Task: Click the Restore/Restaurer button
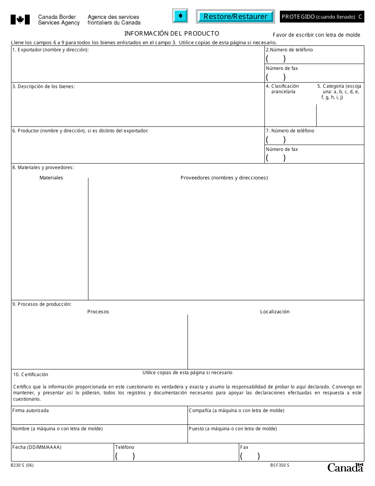pyautogui.click(x=235, y=17)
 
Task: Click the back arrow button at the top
pyautogui.click(x=180, y=16)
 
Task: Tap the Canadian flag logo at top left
pyautogui.click(x=20, y=19)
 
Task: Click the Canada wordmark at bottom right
pyautogui.click(x=345, y=467)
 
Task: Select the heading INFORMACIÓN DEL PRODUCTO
pyautogui.click(x=172, y=34)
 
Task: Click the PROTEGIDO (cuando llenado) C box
pyautogui.click(x=322, y=17)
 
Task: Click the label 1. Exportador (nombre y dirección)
pyautogui.click(x=51, y=50)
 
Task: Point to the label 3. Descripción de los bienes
pyautogui.click(x=43, y=87)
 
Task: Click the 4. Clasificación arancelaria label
pyautogui.click(x=283, y=89)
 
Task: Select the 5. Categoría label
pyautogui.click(x=340, y=92)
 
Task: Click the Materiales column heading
pyautogui.click(x=51, y=178)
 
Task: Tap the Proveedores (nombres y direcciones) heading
pyautogui.click(x=224, y=178)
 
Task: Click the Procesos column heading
pyautogui.click(x=98, y=312)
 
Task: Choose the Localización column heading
pyautogui.click(x=275, y=312)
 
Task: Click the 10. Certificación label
pyautogui.click(x=30, y=375)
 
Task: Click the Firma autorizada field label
pyautogui.click(x=31, y=411)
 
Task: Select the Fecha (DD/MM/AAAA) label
pyautogui.click(x=37, y=447)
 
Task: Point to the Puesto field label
pyautogui.click(x=232, y=429)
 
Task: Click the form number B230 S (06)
pyautogui.click(x=22, y=465)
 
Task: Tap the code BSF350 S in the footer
pyautogui.click(x=277, y=465)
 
